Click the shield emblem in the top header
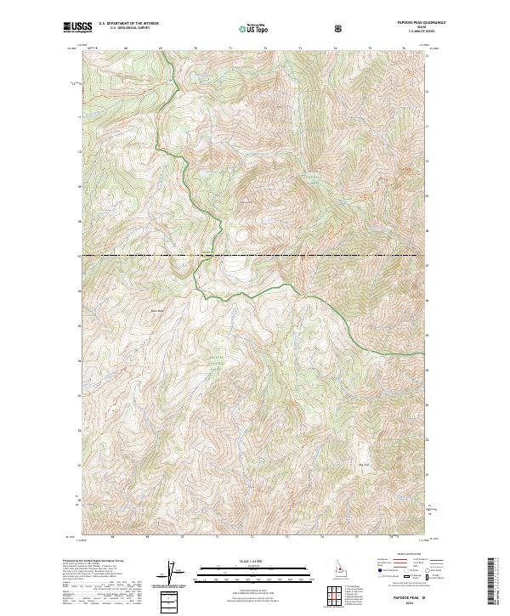[x=340, y=29]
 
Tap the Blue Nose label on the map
[x=156, y=309]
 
